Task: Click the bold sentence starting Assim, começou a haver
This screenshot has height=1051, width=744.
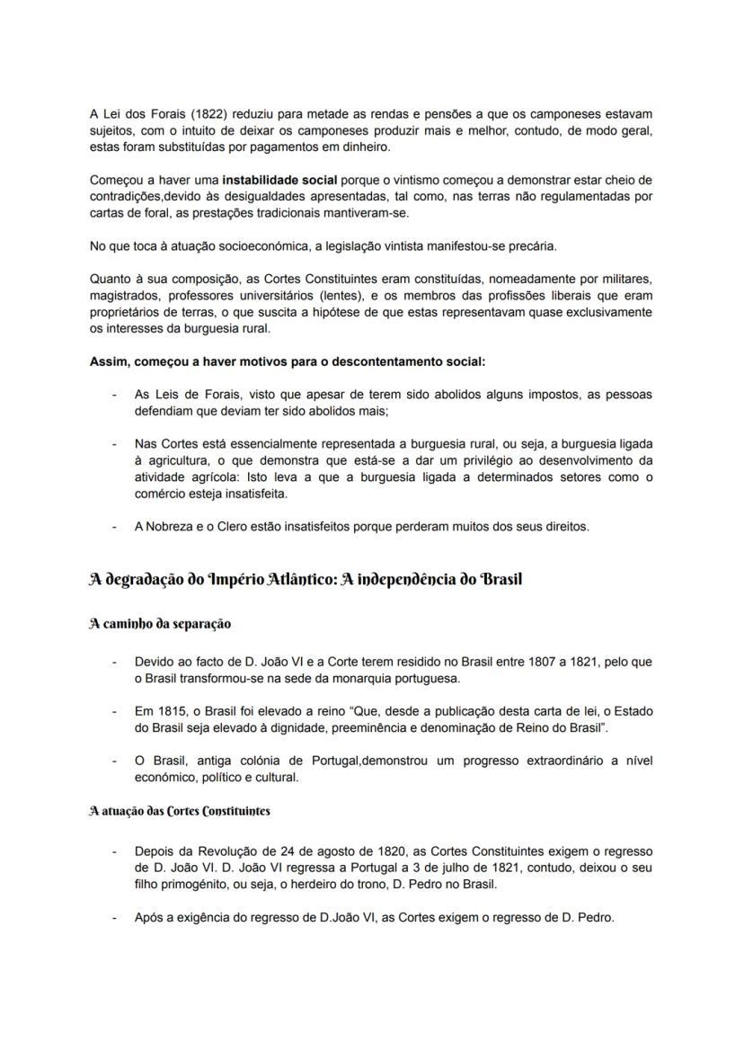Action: point(287,361)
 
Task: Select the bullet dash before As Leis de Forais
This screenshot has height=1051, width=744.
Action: point(113,395)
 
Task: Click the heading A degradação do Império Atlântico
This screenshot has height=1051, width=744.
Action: point(305,579)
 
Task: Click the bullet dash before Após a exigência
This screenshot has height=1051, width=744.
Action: point(113,918)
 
